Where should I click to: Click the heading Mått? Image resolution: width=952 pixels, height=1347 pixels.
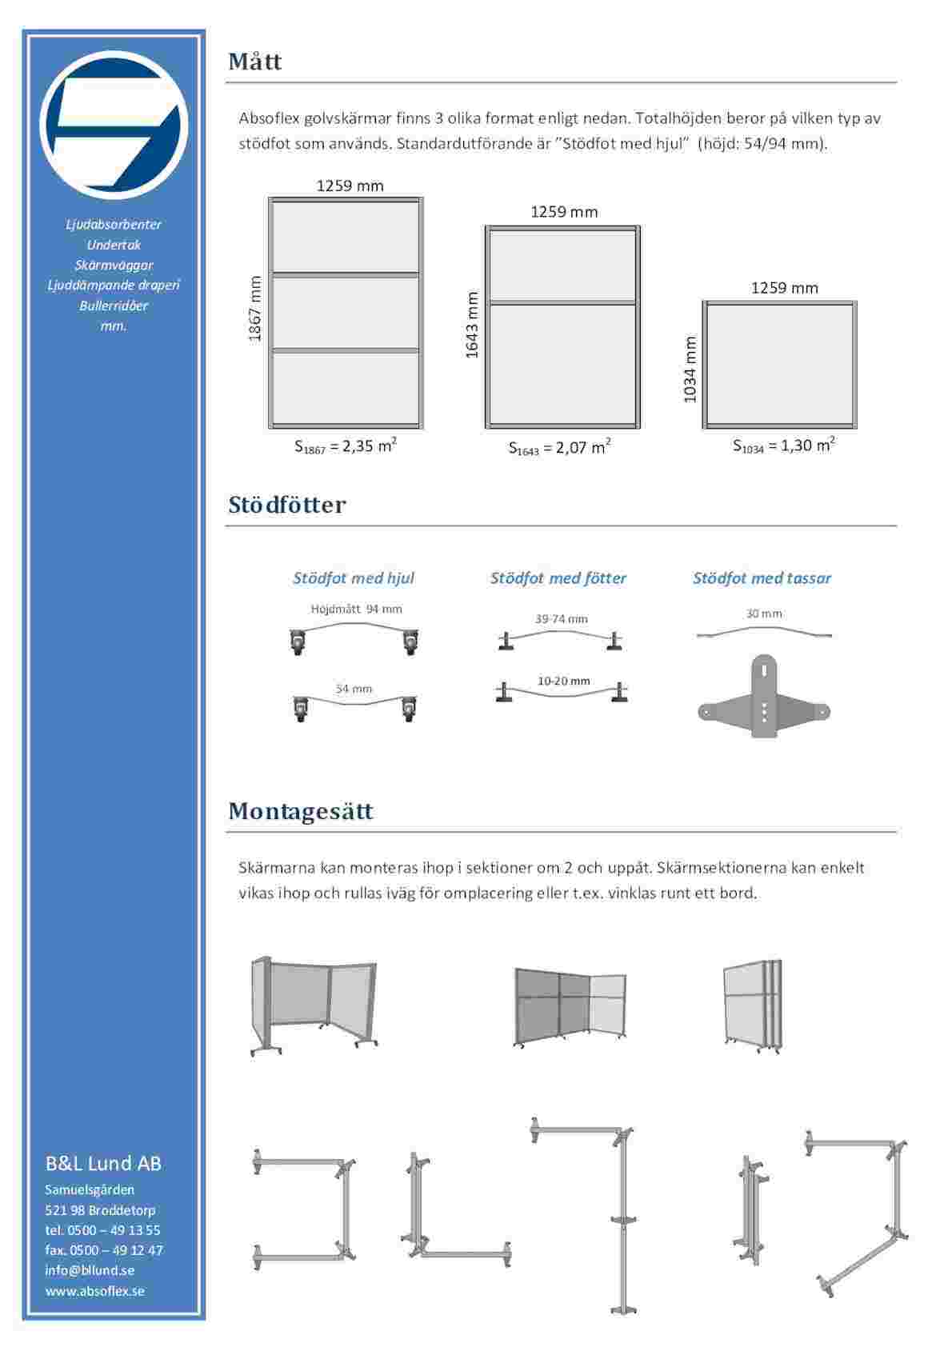(x=254, y=62)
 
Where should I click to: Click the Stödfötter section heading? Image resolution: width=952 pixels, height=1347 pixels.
(x=286, y=505)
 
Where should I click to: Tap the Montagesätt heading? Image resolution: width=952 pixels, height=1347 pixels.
(x=300, y=811)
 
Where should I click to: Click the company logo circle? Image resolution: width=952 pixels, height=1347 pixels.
(x=114, y=125)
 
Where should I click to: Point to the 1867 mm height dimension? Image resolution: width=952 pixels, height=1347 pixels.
(x=255, y=309)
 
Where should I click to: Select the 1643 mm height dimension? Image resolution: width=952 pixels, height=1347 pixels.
(x=472, y=324)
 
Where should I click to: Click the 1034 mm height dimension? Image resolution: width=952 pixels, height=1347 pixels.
(x=690, y=369)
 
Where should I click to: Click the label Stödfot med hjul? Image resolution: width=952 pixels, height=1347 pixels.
(x=353, y=578)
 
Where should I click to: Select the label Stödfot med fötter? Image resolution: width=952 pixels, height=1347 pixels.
(x=558, y=578)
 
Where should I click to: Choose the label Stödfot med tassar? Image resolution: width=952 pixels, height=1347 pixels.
(x=761, y=578)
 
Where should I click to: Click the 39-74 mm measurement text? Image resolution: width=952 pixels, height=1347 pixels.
(x=561, y=618)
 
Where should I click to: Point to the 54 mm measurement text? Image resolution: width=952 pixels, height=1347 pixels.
(x=353, y=688)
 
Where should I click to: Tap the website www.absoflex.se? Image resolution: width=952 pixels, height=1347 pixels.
(x=94, y=1290)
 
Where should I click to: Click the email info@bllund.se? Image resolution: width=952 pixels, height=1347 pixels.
(x=90, y=1270)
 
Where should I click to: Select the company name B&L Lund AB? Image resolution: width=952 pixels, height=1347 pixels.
(x=103, y=1163)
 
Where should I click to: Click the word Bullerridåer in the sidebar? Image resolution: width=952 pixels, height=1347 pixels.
(x=114, y=306)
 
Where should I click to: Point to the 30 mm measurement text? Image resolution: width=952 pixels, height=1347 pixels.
(x=764, y=614)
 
